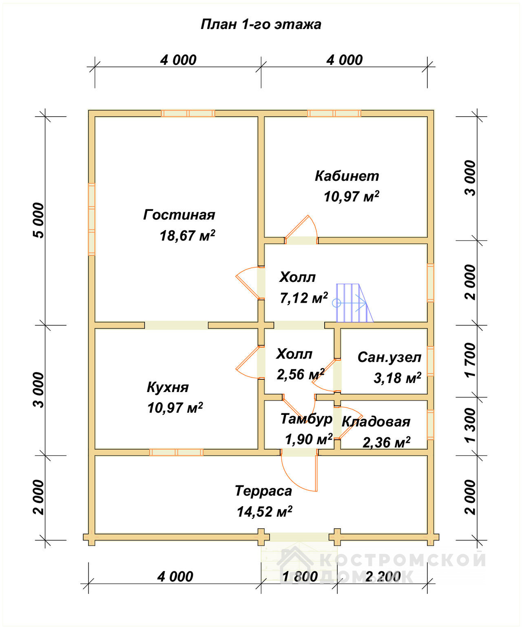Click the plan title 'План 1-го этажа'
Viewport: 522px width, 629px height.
[261, 24]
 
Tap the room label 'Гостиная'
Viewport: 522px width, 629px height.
[179, 215]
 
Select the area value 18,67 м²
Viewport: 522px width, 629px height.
[187, 236]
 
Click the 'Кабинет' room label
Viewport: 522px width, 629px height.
[347, 176]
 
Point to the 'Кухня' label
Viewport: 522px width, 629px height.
[168, 388]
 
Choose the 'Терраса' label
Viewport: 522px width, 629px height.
[263, 491]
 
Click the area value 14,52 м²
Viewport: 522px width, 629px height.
[264, 512]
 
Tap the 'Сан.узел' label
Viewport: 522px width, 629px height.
[389, 358]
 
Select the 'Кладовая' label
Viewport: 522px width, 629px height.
[376, 422]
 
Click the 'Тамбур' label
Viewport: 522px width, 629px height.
[306, 419]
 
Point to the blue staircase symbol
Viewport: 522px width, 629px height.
[353, 303]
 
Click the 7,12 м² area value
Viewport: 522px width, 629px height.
[304, 298]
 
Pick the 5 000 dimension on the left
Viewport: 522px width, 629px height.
[39, 221]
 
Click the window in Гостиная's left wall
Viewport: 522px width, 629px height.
[92, 219]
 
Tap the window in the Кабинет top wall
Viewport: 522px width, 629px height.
[334, 113]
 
